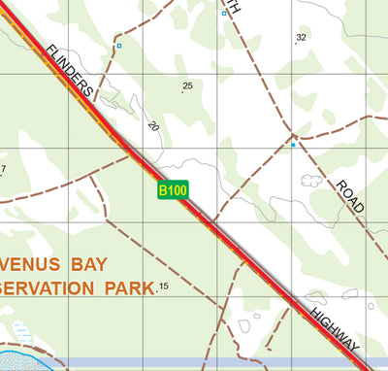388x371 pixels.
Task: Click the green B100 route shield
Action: click(174, 190)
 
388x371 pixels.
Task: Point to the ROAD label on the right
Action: click(351, 196)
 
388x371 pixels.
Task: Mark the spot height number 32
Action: click(301, 38)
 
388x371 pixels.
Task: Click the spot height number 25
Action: click(187, 86)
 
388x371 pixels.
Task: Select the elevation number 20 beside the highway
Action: click(152, 126)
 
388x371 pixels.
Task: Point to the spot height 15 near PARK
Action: click(163, 287)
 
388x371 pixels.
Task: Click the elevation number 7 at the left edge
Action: click(3, 170)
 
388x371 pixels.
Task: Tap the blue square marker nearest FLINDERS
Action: click(119, 46)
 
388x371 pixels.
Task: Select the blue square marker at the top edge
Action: click(224, 14)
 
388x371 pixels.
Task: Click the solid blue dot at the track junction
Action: click(293, 145)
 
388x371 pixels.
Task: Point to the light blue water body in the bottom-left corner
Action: click(24, 357)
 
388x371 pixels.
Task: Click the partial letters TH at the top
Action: click(232, 5)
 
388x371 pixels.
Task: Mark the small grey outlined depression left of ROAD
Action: click(311, 180)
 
